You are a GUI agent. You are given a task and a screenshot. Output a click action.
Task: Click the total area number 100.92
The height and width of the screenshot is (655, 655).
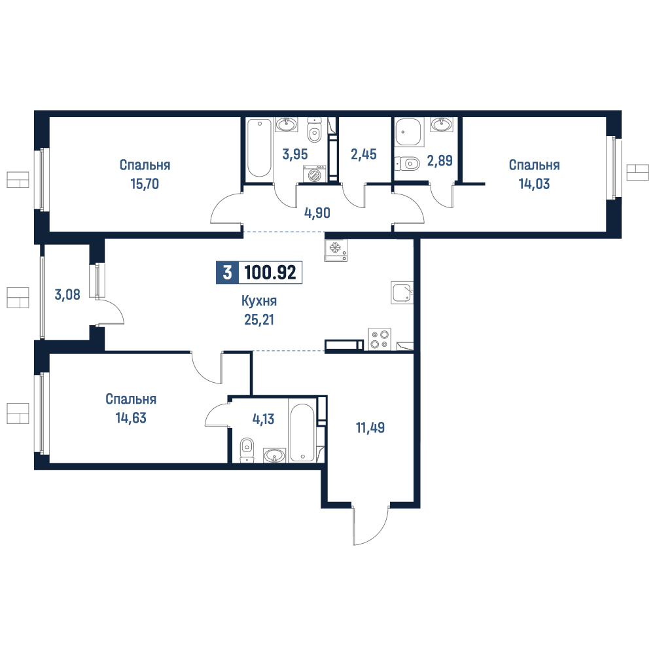270,272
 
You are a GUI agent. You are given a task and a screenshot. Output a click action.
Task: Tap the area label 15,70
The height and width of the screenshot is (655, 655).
145,184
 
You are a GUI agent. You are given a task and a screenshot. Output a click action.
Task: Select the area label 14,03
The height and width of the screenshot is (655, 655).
535,184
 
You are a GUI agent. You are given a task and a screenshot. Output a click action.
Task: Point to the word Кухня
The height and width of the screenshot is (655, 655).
259,301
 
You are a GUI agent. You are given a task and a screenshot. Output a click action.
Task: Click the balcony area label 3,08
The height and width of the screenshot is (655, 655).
67,294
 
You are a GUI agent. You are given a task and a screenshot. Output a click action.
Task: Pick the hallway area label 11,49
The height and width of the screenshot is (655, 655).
370,428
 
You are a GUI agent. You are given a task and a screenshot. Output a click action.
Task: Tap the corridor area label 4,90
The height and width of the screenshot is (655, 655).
317,213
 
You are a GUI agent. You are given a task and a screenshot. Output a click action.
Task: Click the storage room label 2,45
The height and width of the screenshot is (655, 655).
364,154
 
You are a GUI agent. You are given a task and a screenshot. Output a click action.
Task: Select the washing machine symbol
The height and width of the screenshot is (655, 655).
315,174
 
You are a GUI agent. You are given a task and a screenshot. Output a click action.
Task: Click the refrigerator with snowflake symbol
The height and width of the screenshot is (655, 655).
336,250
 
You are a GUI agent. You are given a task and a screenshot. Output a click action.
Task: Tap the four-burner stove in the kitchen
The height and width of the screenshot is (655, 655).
380,339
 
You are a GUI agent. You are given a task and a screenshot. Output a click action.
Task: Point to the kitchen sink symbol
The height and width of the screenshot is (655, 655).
402,292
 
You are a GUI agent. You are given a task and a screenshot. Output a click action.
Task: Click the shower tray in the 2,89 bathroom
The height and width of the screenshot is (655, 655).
410,131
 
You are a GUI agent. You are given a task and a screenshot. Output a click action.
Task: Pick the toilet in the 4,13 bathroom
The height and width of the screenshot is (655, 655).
247,450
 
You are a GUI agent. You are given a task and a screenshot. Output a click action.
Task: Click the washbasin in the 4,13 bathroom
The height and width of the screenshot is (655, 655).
274,455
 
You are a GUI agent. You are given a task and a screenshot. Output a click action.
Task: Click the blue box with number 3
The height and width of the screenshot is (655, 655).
227,272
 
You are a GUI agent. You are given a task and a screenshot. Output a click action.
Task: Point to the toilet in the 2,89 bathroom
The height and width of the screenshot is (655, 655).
407,163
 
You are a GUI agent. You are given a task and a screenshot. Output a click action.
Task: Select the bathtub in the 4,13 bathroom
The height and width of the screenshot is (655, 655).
302,433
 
